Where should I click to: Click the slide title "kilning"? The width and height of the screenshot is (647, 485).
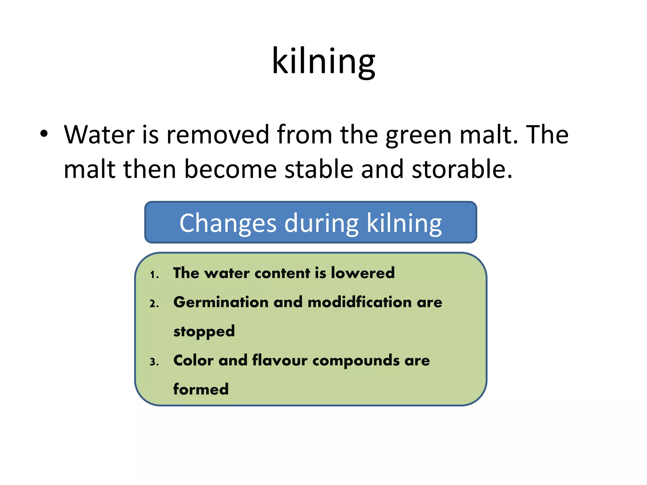coord(323,62)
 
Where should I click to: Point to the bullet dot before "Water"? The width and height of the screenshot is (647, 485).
coord(44,134)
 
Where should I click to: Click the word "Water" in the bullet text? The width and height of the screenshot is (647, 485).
coord(99,135)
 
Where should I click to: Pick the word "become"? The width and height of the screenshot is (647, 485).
coord(230,169)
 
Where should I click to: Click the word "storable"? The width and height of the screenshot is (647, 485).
coord(461,169)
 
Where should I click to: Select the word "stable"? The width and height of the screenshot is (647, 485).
coord(319,169)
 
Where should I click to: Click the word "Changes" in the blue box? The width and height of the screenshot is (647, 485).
coord(228,224)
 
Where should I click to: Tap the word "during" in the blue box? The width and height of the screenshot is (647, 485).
coord(321,224)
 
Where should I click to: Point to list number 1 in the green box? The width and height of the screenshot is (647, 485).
coord(154,274)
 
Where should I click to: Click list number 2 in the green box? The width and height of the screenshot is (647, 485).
coord(154,304)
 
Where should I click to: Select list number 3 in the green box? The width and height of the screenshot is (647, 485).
coord(154,362)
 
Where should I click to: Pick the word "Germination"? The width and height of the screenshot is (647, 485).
coord(221,302)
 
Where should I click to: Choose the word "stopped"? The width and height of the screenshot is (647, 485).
coord(204,332)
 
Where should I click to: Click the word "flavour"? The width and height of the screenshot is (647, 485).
coord(280,360)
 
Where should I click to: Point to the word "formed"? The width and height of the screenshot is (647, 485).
coord(201,389)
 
